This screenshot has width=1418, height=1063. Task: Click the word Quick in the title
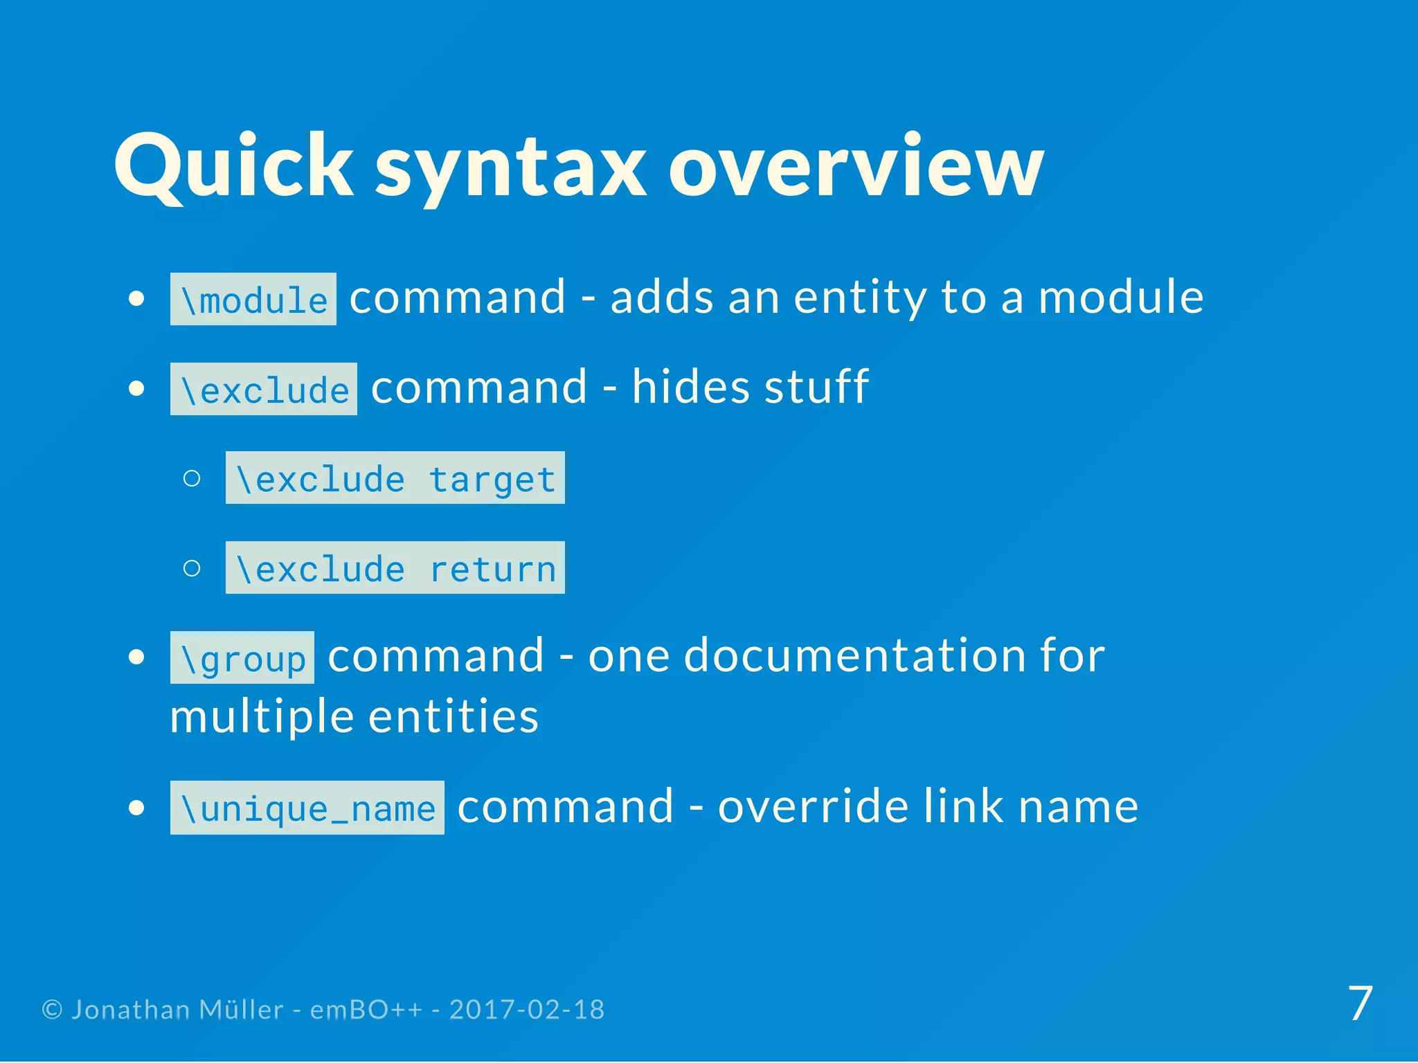[234, 166]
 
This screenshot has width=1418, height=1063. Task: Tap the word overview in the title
[856, 166]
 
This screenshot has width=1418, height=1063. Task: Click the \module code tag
[253, 300]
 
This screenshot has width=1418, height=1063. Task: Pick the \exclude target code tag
[395, 478]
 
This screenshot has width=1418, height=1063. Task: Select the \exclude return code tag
[395, 568]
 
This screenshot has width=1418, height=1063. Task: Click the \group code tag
[242, 658]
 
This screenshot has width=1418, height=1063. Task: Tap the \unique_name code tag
[307, 808]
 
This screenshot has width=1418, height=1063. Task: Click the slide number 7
[1361, 1003]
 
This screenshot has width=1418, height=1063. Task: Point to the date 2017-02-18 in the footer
[527, 1010]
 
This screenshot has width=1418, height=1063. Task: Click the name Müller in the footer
[241, 1010]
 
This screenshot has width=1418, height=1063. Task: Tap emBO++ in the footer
[366, 1010]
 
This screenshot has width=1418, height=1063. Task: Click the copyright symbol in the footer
[52, 1010]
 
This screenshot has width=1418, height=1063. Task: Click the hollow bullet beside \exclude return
[192, 568]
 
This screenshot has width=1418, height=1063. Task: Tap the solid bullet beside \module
[137, 299]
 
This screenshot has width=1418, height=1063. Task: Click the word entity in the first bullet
[860, 298]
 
